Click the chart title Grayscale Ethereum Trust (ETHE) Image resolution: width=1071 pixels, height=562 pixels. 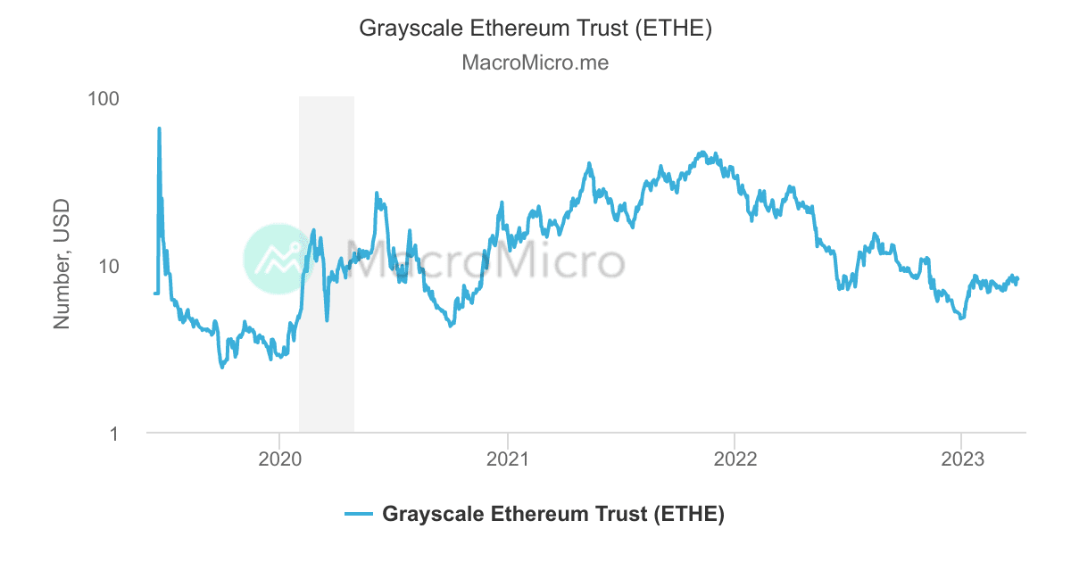pos(535,29)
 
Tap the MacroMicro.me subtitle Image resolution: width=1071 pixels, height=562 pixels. pos(535,63)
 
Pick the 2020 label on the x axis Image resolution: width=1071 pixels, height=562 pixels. pos(279,459)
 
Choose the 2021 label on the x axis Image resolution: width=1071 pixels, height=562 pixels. pos(507,459)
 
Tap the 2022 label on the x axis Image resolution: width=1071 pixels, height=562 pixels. pos(734,459)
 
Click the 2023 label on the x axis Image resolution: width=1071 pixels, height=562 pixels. pos(961,459)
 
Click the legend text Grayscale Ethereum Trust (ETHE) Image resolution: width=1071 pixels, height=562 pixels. pos(553,514)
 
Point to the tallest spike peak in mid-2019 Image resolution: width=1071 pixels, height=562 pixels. pos(159,128)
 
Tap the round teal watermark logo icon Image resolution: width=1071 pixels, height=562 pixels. pos(278,259)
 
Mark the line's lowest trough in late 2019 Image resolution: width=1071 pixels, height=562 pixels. pos(222,367)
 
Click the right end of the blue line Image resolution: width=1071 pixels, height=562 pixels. pos(1017,280)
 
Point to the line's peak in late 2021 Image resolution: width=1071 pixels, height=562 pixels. pos(702,153)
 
